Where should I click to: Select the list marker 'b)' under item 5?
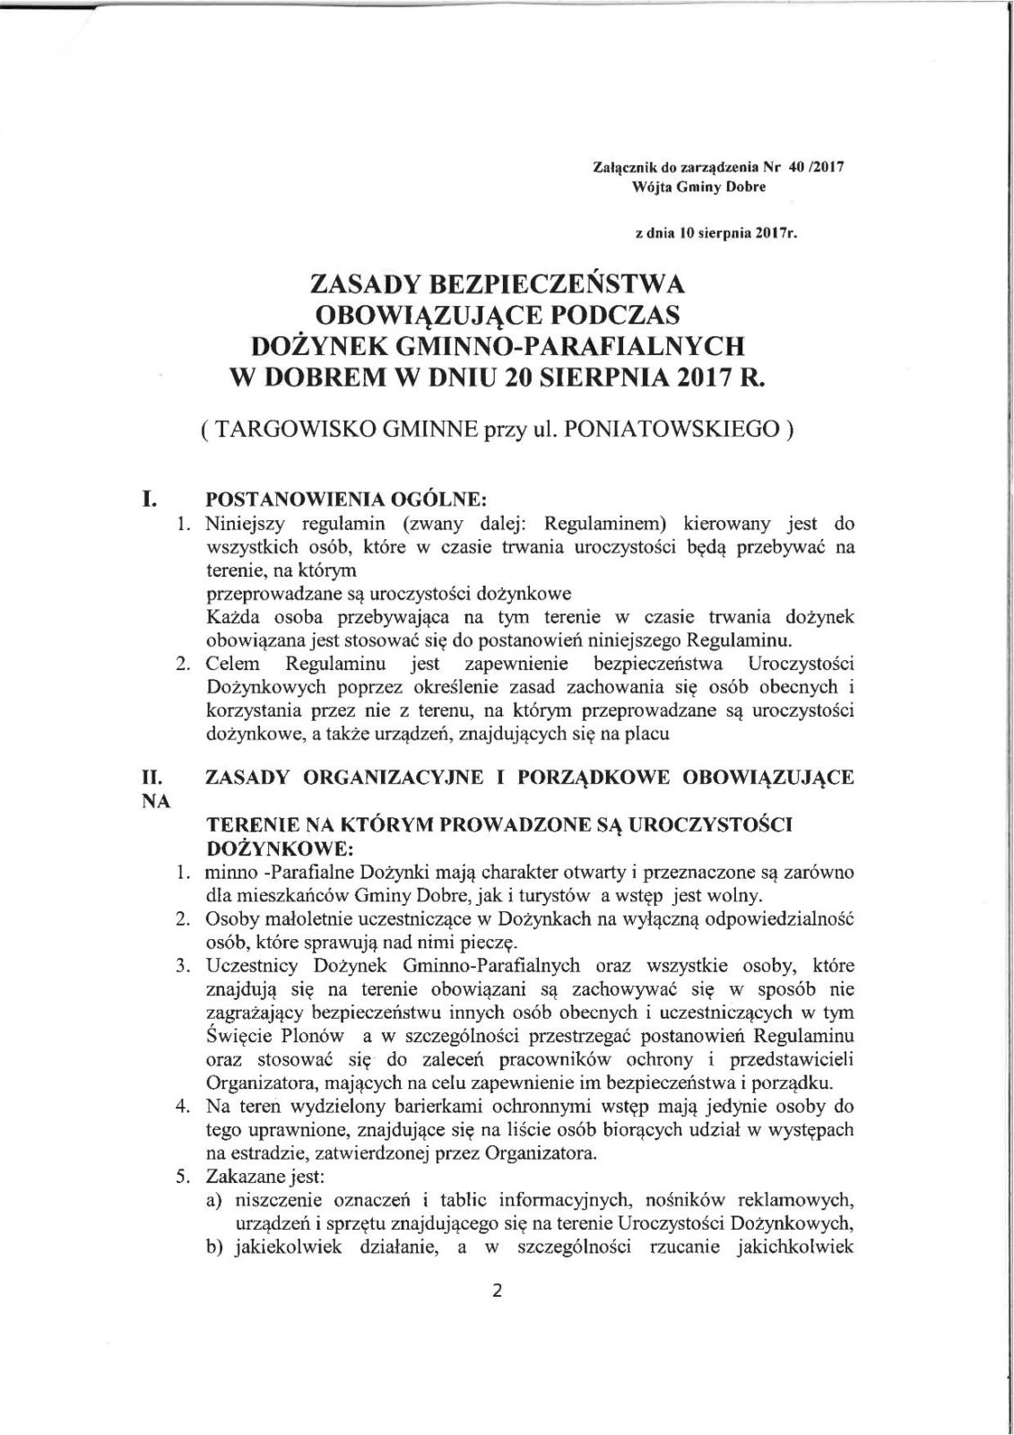click(213, 1246)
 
